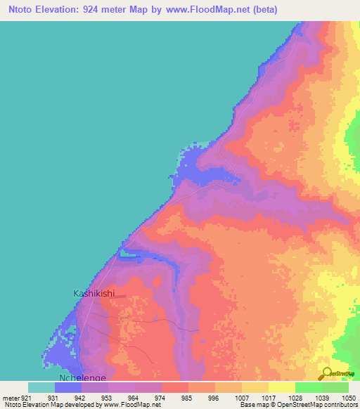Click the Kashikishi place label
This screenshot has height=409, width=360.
tap(94, 294)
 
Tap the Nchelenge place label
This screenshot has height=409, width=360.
tap(82, 377)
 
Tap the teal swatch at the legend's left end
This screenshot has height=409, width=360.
tap(41, 387)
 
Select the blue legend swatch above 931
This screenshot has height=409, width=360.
tap(67, 387)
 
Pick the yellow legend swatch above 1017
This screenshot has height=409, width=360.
tap(281, 387)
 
